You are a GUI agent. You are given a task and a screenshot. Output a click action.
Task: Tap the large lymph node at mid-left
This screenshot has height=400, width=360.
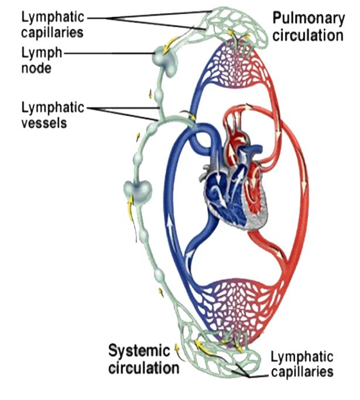(138, 191)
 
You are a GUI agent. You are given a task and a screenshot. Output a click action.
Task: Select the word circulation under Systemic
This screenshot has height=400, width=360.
(144, 368)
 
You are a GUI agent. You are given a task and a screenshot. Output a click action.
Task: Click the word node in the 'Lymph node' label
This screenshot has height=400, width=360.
(35, 68)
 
